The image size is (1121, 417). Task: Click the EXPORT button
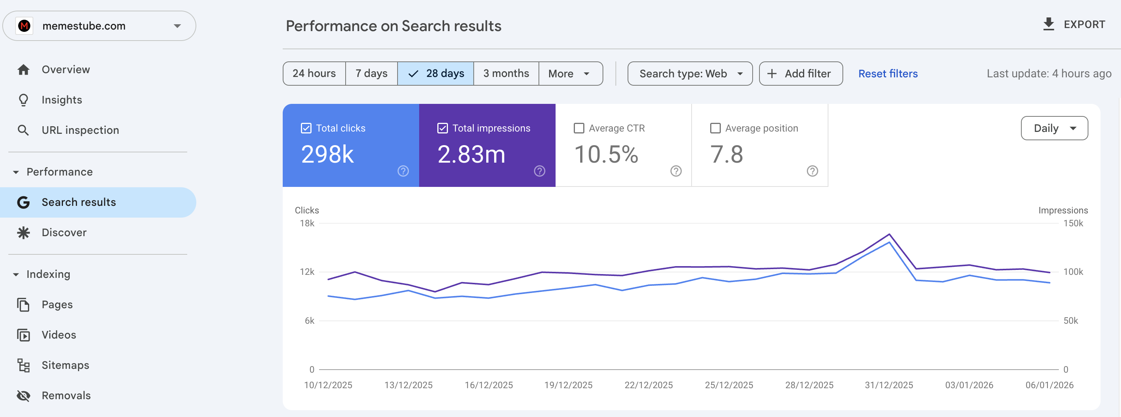1074,24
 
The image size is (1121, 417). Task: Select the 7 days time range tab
371,73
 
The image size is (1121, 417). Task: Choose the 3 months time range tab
506,73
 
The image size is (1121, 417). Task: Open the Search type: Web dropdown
689,74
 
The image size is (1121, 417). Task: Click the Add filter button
800,74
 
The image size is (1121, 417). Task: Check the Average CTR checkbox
579,128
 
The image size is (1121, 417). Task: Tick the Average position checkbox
715,128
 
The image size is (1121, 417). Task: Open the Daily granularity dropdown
1054,128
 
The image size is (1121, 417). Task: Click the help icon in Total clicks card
403,171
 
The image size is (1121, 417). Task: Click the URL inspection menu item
80,130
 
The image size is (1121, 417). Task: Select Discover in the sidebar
64,232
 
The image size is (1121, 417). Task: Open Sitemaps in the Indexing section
65,365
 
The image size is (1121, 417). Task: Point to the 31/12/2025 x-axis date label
889,385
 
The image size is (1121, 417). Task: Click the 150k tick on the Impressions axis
1073,223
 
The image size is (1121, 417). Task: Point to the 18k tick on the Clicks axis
307,223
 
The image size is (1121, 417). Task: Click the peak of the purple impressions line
889,234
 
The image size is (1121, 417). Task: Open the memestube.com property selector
99,26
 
